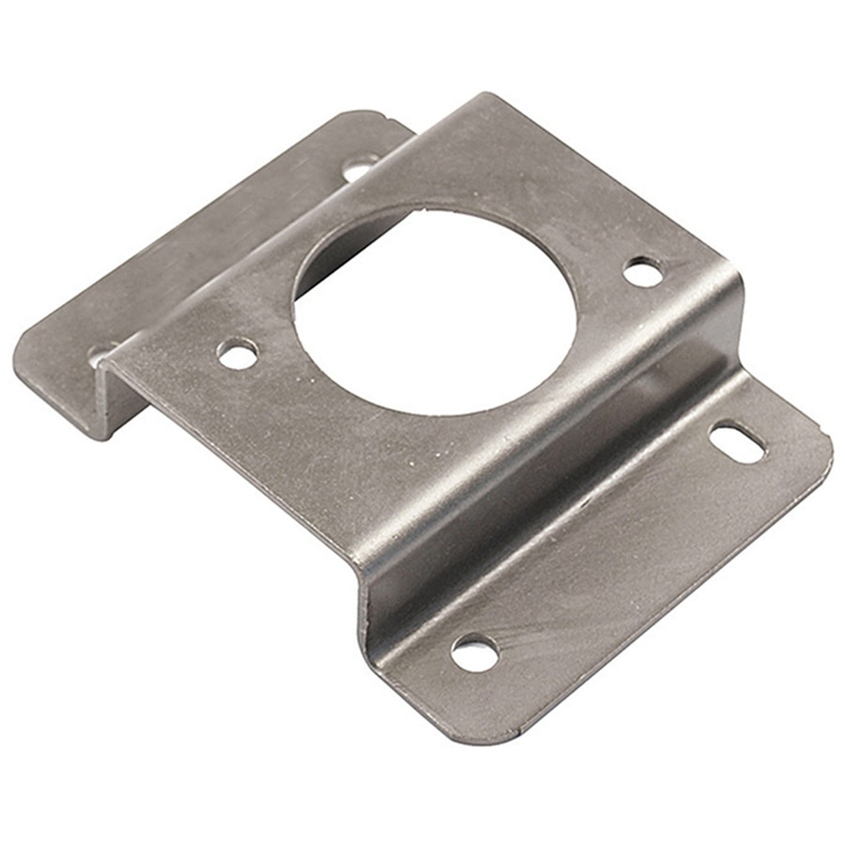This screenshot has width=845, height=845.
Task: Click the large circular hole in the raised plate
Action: pos(434,310)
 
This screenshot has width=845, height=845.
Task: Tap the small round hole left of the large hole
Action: pos(237,353)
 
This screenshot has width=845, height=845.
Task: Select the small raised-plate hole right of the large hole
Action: pos(643,271)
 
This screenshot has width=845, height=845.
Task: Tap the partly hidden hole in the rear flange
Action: pos(101,354)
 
